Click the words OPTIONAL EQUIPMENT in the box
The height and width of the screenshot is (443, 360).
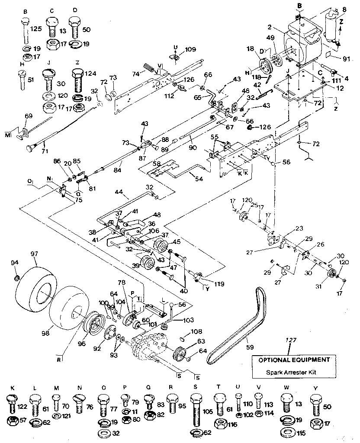coord(294,360)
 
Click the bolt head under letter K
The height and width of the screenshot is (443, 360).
coord(11,401)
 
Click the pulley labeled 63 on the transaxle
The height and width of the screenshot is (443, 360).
coord(179,353)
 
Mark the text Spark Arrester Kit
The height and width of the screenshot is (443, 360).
coord(294,372)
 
